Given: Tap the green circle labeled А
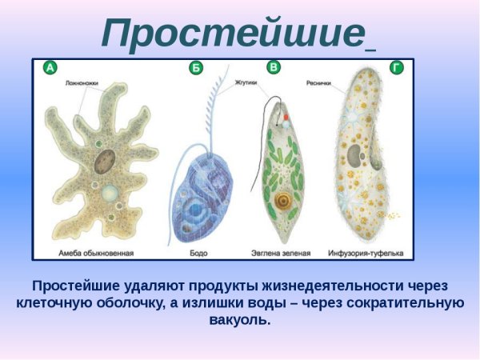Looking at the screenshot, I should [x=50, y=69].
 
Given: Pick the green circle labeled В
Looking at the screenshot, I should [x=274, y=68].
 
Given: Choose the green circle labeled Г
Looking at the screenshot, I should [x=396, y=69].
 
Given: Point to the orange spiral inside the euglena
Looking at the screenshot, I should [x=282, y=199].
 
